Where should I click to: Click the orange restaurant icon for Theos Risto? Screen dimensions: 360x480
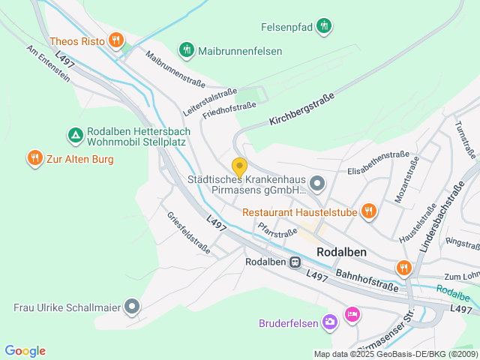tap(115, 40)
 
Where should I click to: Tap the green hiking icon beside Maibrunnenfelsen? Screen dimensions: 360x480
tap(186, 50)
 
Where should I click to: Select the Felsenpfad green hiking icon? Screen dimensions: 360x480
tap(324, 26)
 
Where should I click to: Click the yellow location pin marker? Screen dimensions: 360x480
tap(239, 167)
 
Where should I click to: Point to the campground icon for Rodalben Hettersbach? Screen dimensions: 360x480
tap(75, 135)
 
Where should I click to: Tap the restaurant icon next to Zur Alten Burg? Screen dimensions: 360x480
tap(34, 158)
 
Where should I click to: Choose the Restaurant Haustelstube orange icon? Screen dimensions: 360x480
tap(367, 211)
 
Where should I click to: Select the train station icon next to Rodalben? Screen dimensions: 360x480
tap(295, 262)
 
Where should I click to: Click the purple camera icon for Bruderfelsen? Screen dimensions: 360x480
tap(329, 322)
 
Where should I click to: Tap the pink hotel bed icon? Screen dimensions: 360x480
tap(352, 313)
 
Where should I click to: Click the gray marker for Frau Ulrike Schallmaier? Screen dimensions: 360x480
tap(132, 306)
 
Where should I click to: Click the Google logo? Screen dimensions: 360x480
tap(25, 351)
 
